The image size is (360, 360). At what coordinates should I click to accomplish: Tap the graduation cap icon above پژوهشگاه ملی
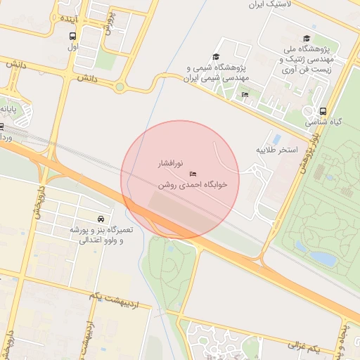tap(306, 39)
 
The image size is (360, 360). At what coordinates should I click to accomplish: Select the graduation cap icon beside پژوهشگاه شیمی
tap(217, 57)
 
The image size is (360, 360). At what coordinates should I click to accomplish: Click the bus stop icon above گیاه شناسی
tap(323, 111)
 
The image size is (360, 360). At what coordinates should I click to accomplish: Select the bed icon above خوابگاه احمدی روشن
tap(193, 173)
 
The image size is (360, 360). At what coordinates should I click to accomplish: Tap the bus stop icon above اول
tap(72, 37)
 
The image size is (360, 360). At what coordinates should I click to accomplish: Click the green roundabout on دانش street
tap(120, 87)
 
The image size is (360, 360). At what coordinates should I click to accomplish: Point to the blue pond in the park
tap(323, 257)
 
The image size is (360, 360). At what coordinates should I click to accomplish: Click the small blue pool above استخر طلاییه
tap(276, 138)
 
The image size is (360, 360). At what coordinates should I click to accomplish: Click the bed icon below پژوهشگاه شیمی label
tap(245, 95)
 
